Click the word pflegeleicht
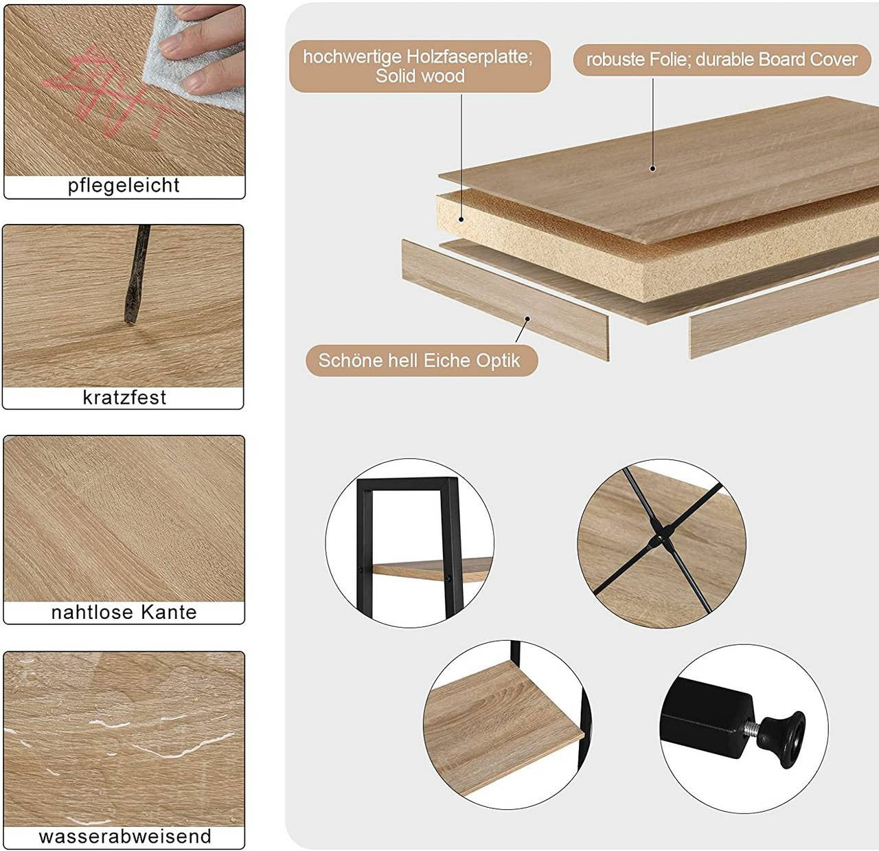tap(124, 185)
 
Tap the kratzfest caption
tap(124, 397)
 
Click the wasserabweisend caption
tap(124, 836)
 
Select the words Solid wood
tap(420, 76)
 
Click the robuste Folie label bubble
tap(721, 60)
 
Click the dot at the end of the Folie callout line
tap(652, 168)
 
